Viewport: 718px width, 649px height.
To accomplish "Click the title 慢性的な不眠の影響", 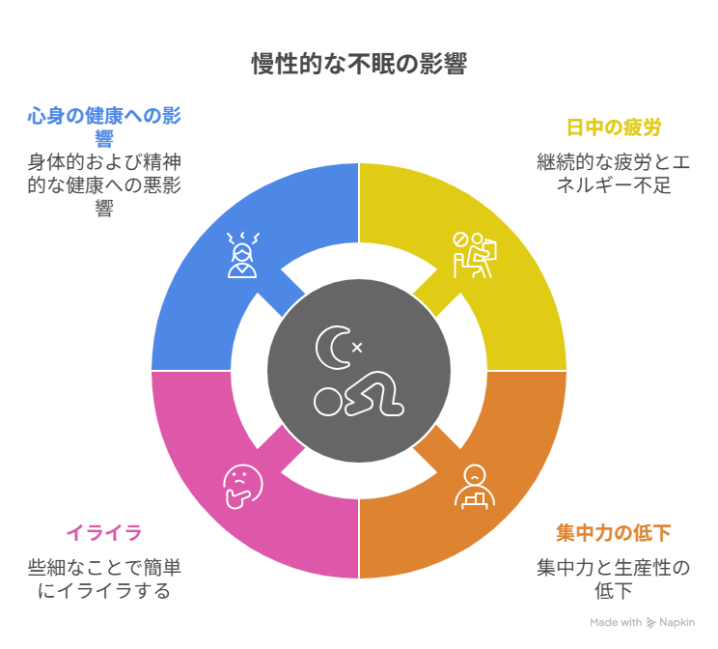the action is pos(359,64).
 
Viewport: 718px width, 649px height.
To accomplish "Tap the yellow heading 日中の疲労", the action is pos(614,127).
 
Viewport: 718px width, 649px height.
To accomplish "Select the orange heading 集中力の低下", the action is pos(614,533).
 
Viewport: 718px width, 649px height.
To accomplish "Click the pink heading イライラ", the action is pos(104,533).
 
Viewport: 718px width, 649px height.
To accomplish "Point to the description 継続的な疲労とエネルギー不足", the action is pos(614,174).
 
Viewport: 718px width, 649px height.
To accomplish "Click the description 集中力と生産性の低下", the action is pos(614,579).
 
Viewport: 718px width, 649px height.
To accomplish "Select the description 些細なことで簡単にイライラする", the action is pos(104,579).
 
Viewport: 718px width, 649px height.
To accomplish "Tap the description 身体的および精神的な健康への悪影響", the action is pos(104,185).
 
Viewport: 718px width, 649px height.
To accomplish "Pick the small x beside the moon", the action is pos(357,348).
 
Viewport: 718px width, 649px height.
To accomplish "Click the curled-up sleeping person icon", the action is pos(359,394).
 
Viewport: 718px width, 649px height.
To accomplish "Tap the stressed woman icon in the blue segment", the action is pos(242,255).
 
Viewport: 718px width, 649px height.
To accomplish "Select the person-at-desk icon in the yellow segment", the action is pos(475,255).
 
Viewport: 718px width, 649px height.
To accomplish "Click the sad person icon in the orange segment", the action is pos(475,487).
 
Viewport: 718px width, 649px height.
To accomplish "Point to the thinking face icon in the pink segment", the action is pos(242,487).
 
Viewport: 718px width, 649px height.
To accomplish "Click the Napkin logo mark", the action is pos(650,622).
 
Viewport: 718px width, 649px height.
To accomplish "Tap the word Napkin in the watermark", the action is pos(677,622).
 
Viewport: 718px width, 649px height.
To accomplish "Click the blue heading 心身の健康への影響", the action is pos(104,127).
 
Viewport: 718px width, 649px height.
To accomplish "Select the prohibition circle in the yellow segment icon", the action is pos(460,240).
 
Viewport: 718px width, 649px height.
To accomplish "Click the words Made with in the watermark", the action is pos(616,622).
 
